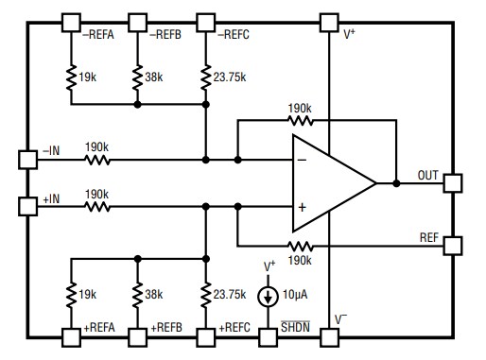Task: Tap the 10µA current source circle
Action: tap(269, 297)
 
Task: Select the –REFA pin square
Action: tap(71, 21)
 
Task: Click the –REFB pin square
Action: tap(138, 21)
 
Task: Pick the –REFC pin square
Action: tap(205, 21)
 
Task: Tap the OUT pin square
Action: tap(451, 182)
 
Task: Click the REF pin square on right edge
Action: tap(451, 244)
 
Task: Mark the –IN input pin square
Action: tap(28, 159)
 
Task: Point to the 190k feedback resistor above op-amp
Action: tap(302, 120)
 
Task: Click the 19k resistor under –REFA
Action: tap(71, 79)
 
